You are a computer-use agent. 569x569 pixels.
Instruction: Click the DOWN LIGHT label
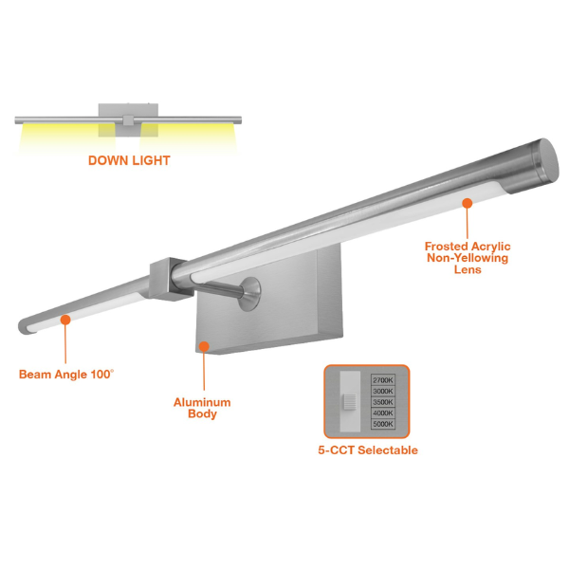coord(129,160)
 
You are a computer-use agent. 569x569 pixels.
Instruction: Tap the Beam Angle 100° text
coord(66,375)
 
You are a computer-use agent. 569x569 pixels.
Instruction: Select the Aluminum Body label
coord(202,408)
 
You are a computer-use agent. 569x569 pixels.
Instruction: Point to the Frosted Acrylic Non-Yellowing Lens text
coord(468,258)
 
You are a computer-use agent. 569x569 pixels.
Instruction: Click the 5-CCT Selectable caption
coord(368,450)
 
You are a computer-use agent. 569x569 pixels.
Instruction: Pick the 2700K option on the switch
coord(383,380)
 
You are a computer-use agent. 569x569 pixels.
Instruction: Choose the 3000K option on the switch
coord(383,391)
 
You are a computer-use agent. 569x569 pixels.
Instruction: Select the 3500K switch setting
coord(383,402)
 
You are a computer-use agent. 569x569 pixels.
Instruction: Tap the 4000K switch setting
coord(383,413)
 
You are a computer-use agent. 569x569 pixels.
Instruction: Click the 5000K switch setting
coord(383,424)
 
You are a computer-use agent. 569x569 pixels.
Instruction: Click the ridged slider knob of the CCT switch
coord(350,402)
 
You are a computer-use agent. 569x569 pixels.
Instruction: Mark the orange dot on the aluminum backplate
coord(204,346)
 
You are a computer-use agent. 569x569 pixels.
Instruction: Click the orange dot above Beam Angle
coord(65,320)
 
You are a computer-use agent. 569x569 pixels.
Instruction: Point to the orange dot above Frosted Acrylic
coord(467,203)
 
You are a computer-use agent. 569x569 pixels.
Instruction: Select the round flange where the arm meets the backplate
coord(250,294)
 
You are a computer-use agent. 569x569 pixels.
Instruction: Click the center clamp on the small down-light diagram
coord(128,120)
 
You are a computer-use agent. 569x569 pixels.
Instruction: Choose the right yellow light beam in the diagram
coord(189,138)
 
